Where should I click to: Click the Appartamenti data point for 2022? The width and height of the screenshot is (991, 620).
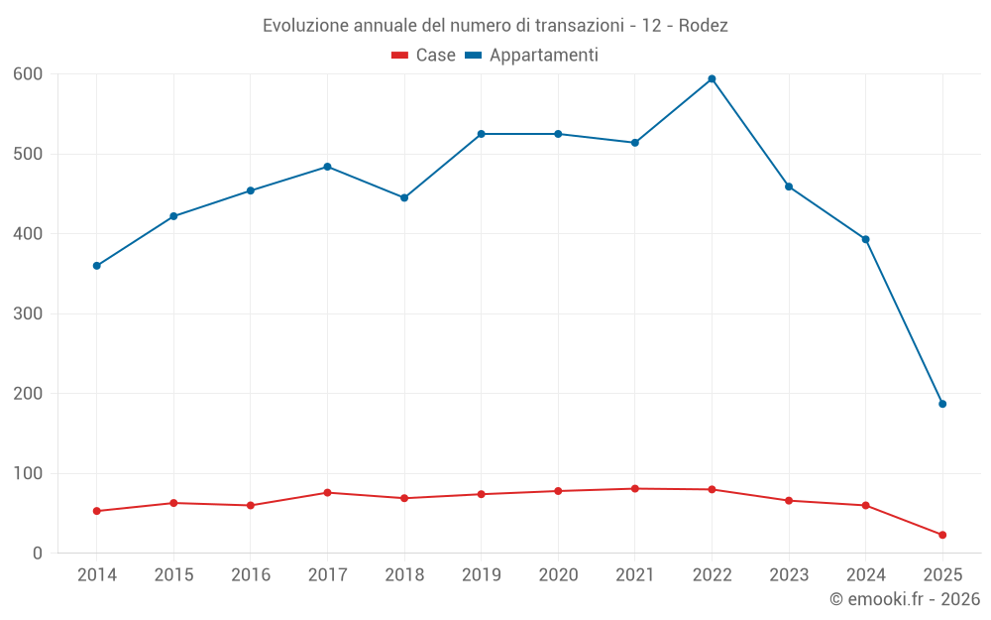tap(712, 79)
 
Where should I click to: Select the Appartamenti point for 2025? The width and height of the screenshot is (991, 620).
tap(942, 404)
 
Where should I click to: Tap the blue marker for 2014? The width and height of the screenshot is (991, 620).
tap(96, 266)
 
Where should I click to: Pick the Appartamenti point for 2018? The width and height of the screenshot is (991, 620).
tap(404, 197)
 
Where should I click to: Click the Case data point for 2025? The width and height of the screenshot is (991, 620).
tap(942, 535)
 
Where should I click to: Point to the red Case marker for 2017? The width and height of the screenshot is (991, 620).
tap(327, 492)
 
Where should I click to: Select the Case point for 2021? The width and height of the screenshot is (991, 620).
tap(635, 488)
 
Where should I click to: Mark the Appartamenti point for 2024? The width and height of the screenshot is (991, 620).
tap(865, 239)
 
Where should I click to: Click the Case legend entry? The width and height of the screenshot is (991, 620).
tap(423, 56)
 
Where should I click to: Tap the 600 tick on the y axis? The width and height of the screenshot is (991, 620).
tap(28, 74)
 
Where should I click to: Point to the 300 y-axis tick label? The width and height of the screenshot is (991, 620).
tap(28, 313)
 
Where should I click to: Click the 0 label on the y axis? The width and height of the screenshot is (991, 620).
tap(38, 554)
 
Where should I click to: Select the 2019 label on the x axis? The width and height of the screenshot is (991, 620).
tap(481, 575)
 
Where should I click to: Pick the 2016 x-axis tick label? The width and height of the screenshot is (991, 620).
tap(250, 575)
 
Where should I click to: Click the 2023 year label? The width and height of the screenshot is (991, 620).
tap(789, 575)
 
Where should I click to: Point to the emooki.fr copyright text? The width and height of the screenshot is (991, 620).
tap(904, 599)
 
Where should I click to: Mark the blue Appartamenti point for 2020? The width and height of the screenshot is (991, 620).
tap(558, 134)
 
